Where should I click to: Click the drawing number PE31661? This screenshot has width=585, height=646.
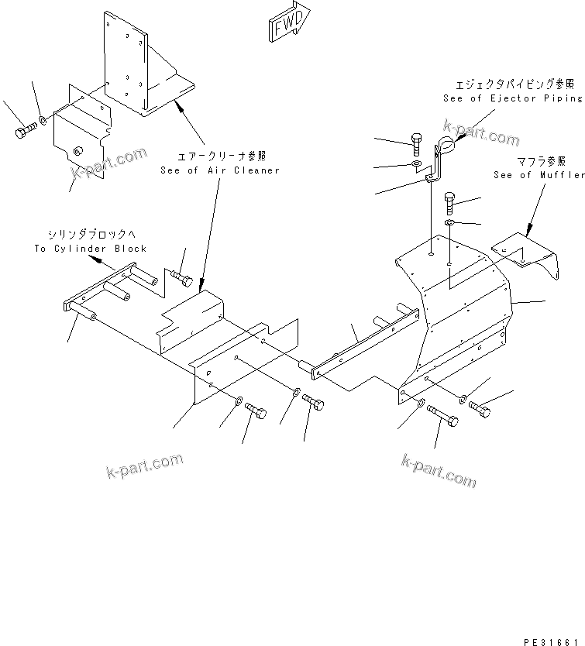pyautogui.click(x=552, y=637)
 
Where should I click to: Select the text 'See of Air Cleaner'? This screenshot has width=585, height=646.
pyautogui.click(x=220, y=170)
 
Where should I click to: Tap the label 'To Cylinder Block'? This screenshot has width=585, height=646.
pyautogui.click(x=90, y=249)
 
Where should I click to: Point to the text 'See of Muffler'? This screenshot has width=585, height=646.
pyautogui.click(x=539, y=175)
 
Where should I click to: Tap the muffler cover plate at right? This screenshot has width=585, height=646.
pyautogui.click(x=528, y=256)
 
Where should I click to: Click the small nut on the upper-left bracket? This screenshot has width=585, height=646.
pyautogui.click(x=77, y=150)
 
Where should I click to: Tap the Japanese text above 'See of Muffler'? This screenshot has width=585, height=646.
pyautogui.click(x=540, y=161)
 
